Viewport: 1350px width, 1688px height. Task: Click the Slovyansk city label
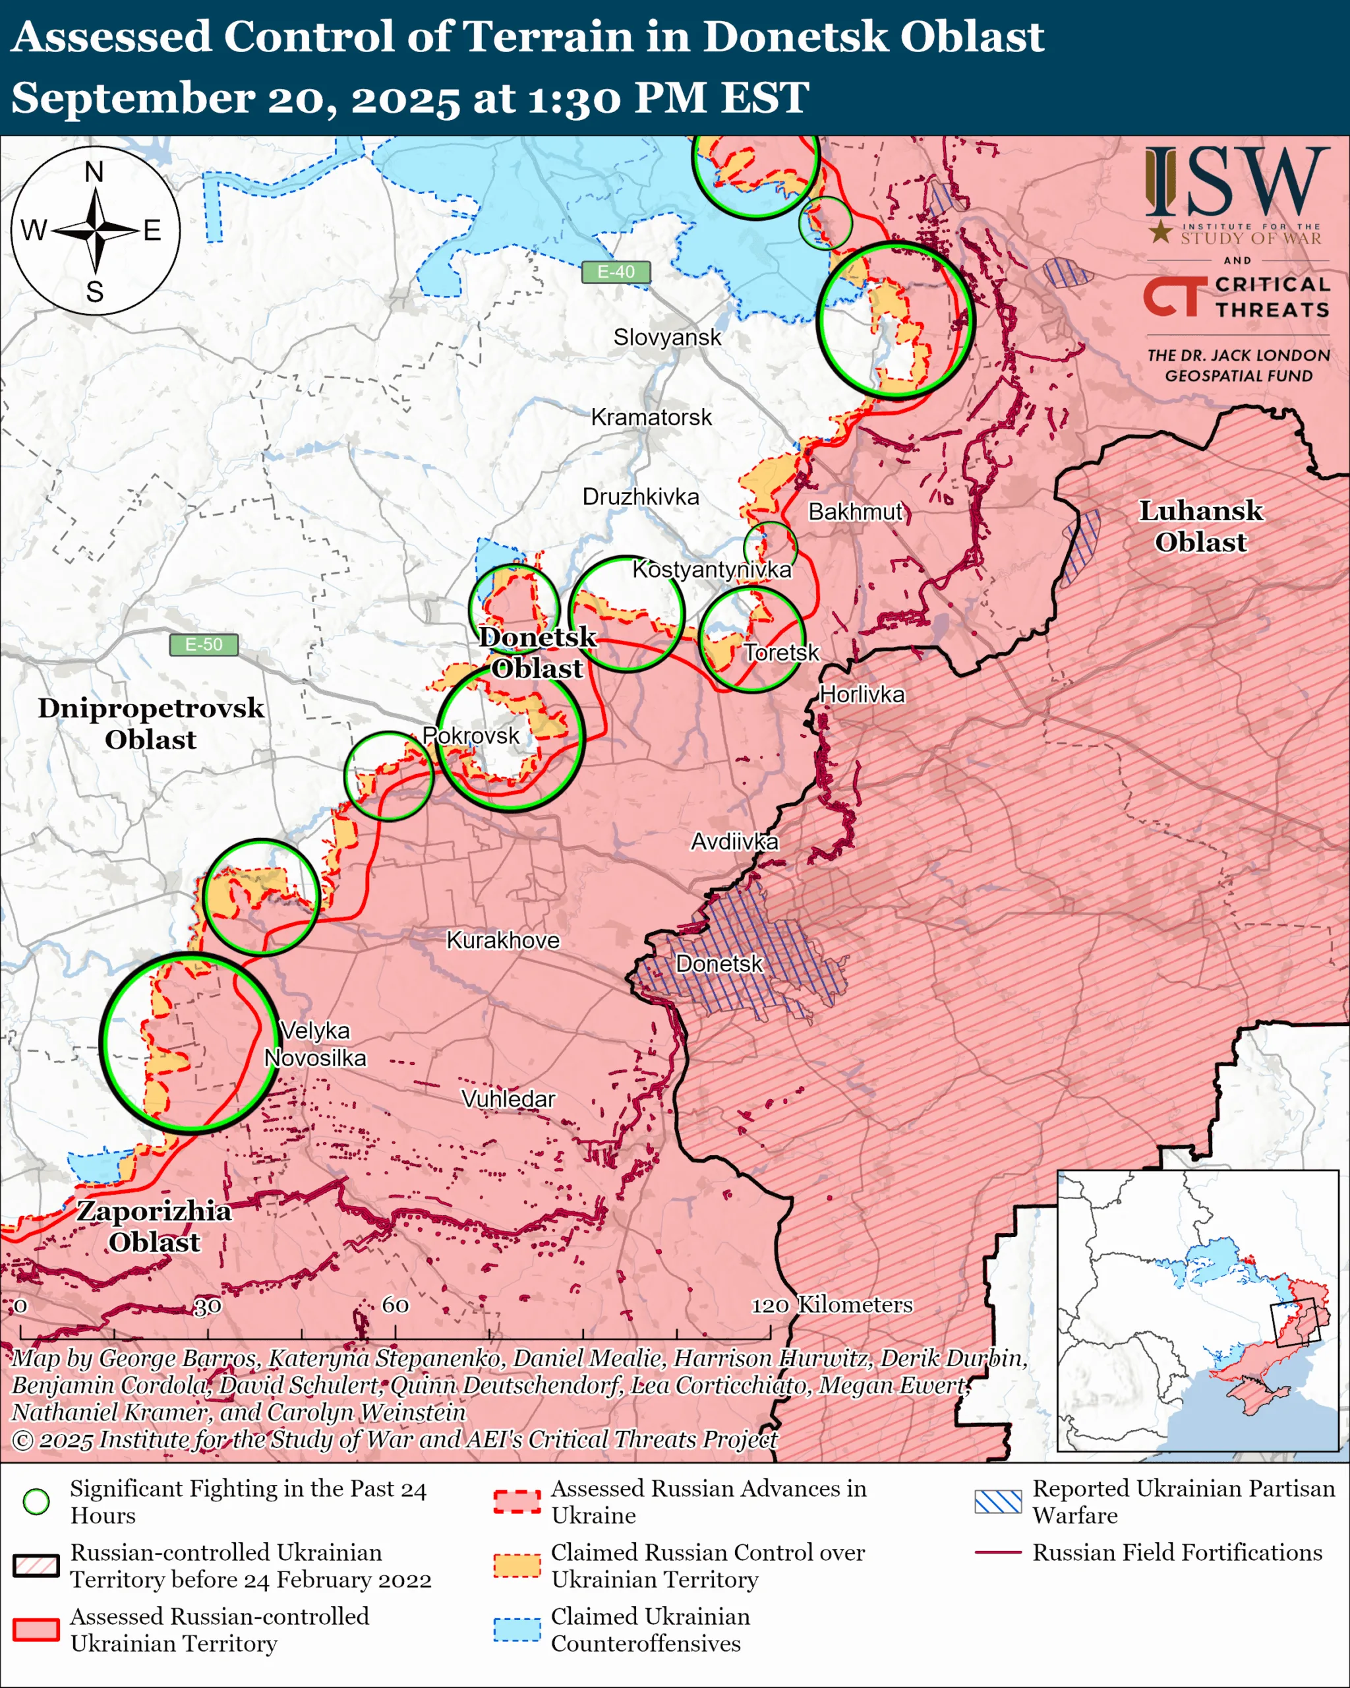pyautogui.click(x=667, y=338)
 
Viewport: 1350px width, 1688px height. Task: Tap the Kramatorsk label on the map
pyautogui.click(x=651, y=417)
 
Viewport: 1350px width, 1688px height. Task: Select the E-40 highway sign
pyautogui.click(x=616, y=272)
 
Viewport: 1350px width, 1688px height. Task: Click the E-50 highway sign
pyautogui.click(x=204, y=644)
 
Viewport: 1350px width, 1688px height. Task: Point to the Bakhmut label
pyautogui.click(x=856, y=512)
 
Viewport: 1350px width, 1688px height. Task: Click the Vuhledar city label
pyautogui.click(x=508, y=1099)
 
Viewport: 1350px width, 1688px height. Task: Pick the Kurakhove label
pyautogui.click(x=503, y=940)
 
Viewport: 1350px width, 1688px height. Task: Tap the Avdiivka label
pyautogui.click(x=734, y=841)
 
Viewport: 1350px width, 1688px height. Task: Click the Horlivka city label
pyautogui.click(x=862, y=694)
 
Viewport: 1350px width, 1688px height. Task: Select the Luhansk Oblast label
pyautogui.click(x=1200, y=526)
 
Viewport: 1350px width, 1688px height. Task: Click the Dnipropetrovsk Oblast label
pyautogui.click(x=151, y=723)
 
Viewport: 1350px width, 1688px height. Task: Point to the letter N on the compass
pyautogui.click(x=94, y=171)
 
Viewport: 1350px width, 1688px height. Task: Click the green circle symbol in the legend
pyautogui.click(x=36, y=1501)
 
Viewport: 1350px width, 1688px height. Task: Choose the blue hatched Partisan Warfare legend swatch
pyautogui.click(x=998, y=1501)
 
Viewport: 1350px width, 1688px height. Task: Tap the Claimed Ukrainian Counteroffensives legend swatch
pyautogui.click(x=517, y=1629)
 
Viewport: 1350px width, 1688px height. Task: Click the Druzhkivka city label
pyautogui.click(x=640, y=497)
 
